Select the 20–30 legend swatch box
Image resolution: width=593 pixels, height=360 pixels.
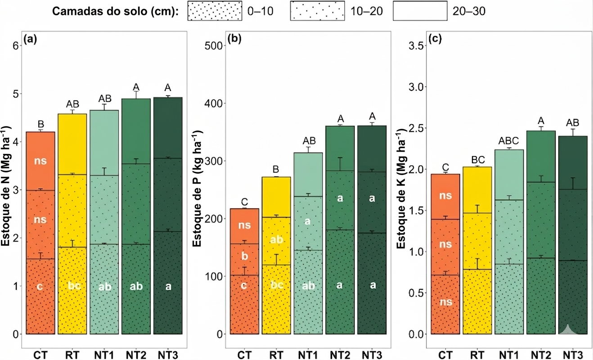[420, 11]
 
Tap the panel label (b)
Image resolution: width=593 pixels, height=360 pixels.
[234, 39]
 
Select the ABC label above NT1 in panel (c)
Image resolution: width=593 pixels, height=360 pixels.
[509, 140]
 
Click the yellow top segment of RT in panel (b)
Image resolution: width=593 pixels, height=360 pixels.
[276, 196]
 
